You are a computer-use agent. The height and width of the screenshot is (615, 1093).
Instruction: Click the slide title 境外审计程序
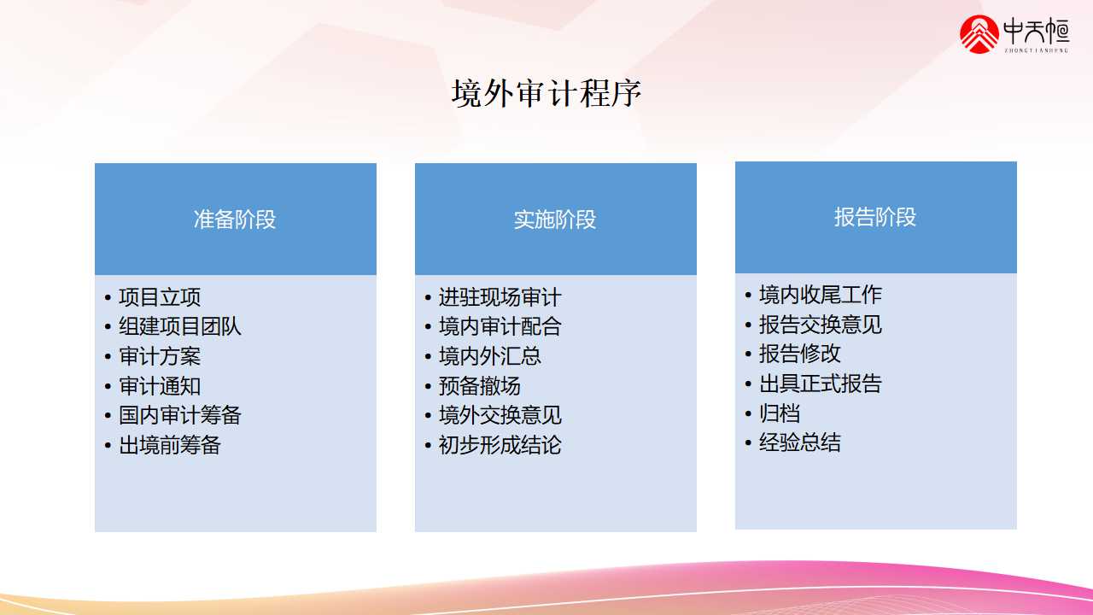pos(546,93)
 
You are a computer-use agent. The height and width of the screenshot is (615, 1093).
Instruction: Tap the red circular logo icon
pos(979,34)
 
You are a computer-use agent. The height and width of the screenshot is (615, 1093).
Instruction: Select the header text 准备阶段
pos(235,220)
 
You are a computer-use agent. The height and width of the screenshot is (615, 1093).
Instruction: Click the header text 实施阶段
pos(555,220)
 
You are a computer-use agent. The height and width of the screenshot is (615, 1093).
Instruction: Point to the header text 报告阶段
pos(875,217)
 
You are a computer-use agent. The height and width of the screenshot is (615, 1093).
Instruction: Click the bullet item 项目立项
pos(160,297)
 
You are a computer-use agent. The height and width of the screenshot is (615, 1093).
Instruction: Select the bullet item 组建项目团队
pos(180,326)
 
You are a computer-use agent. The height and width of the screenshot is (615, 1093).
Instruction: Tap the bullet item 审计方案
pos(160,356)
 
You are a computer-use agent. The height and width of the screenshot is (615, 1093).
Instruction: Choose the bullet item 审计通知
pos(160,386)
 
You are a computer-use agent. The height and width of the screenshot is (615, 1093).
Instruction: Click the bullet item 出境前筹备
pos(170,445)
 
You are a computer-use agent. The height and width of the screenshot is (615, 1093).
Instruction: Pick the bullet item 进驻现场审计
pos(500,297)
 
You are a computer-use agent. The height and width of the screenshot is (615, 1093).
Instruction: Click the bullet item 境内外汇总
pos(490,356)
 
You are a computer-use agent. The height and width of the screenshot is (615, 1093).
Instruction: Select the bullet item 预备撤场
pos(480,386)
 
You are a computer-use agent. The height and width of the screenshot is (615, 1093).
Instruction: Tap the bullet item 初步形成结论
pos(500,445)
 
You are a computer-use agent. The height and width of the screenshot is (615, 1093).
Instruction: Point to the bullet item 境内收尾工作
pos(821,295)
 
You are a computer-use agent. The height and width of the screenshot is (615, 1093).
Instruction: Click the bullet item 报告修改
pos(800,354)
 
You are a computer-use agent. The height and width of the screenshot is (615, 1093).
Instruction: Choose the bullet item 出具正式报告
pos(821,384)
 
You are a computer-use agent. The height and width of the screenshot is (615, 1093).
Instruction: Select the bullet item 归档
pos(780,413)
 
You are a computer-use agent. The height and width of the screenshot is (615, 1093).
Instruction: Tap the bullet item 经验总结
pos(800,442)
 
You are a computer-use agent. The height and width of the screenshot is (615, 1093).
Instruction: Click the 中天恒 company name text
pos(1037,31)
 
